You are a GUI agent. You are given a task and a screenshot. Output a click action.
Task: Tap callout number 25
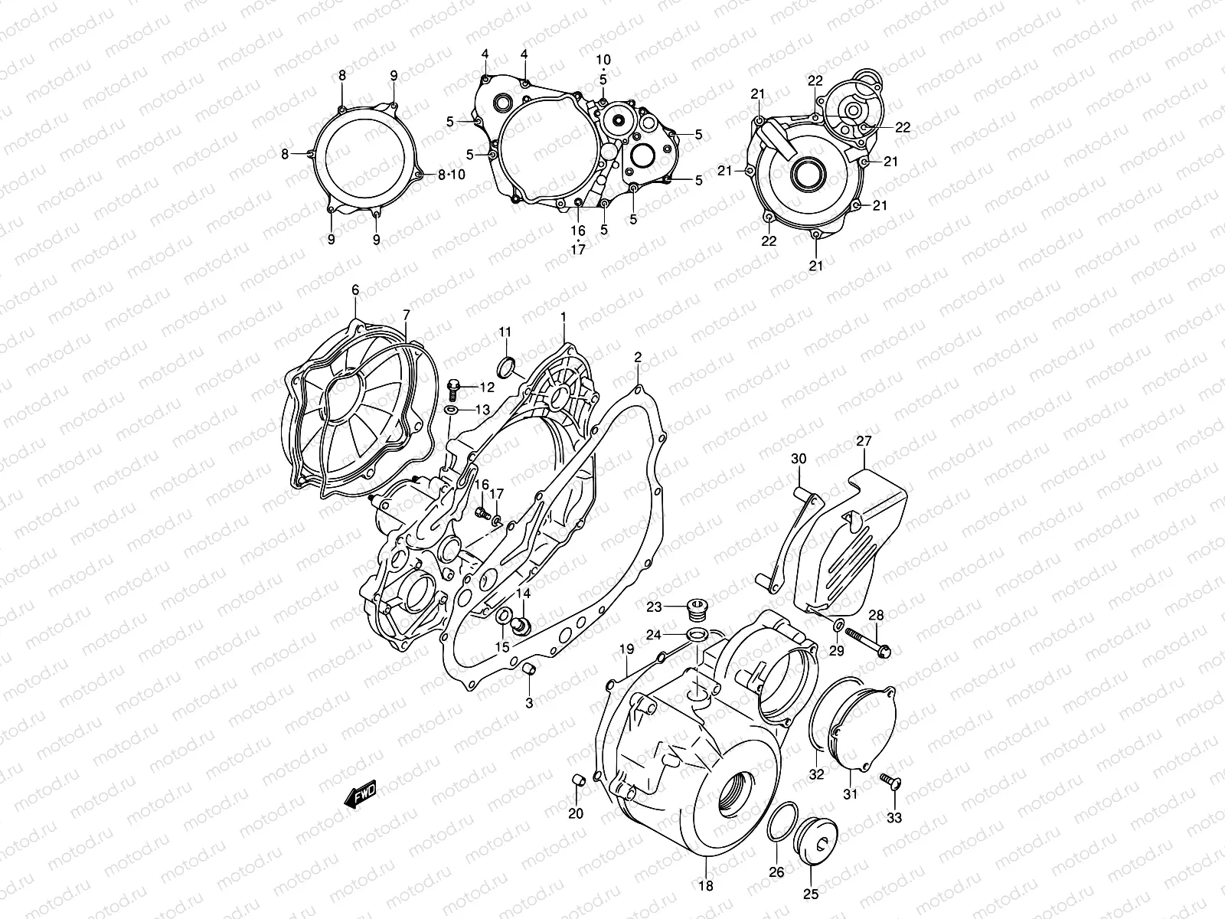click(811, 893)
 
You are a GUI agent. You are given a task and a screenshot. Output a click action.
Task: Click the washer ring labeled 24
click(697, 634)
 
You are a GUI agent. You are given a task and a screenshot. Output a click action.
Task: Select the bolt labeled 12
click(454, 388)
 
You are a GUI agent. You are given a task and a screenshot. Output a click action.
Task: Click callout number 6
click(355, 289)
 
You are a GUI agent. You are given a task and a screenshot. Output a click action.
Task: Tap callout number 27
click(864, 441)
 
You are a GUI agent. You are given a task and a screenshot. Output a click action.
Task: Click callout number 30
click(799, 459)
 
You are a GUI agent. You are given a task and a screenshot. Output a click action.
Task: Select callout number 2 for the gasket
click(638, 357)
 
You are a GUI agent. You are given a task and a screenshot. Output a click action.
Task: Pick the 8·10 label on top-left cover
click(452, 175)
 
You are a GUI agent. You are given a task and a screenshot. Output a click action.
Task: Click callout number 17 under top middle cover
click(577, 249)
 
